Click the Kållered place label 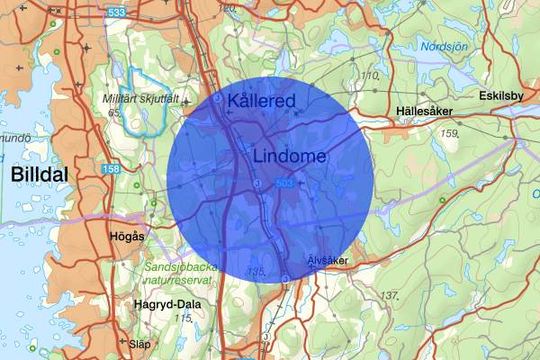click(261, 101)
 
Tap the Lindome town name click(290, 156)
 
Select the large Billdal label click(40, 176)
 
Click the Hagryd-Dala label click(166, 304)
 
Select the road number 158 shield click(111, 168)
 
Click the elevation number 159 click(451, 134)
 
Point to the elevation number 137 click(390, 295)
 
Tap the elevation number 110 click(369, 76)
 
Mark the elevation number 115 click(184, 318)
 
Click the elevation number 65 click(114, 112)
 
